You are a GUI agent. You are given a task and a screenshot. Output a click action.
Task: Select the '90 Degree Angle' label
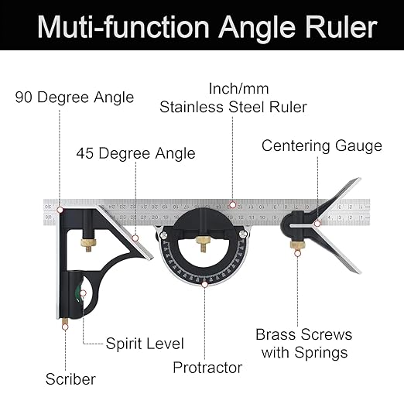[75, 98]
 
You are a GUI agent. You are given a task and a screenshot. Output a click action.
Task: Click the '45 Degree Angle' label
[135, 152]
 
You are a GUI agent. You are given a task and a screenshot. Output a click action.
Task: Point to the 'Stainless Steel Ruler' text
[233, 107]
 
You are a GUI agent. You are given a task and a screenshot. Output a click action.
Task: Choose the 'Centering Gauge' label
[322, 146]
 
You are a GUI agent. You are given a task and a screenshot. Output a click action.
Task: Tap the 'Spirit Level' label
[145, 343]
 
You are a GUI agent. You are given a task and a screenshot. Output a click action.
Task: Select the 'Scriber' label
[70, 379]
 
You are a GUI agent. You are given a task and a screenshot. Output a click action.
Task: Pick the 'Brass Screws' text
[304, 335]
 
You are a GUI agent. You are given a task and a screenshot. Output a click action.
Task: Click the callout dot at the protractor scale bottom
[204, 284]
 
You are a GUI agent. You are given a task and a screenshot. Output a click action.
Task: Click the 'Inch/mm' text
[233, 89]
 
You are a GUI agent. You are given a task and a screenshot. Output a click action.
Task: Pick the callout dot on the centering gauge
[316, 224]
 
